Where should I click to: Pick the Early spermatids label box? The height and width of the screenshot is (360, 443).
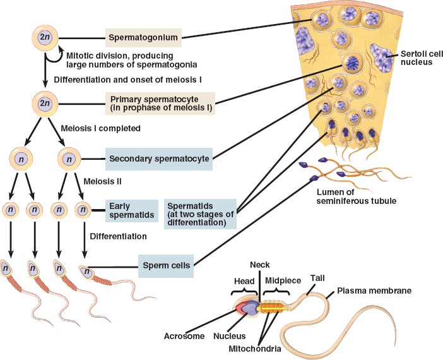click(131, 210)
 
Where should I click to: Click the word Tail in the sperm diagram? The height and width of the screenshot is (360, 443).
click(317, 277)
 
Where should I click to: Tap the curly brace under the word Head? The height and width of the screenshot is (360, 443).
click(244, 291)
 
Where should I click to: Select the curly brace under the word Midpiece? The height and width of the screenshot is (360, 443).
click(275, 291)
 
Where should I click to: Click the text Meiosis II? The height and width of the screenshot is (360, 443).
click(104, 181)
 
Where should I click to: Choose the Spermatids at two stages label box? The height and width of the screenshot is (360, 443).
click(198, 214)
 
